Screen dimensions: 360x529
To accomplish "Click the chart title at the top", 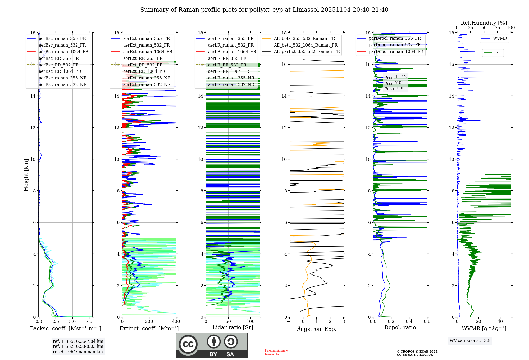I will tap(264, 10).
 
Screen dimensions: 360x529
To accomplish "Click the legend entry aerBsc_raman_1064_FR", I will tap(63, 52).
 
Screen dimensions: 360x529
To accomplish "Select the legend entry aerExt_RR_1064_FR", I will tap(144, 71).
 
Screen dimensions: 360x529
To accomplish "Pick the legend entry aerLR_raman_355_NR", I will tap(231, 78).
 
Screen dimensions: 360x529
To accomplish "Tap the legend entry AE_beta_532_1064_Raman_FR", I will tap(305, 45).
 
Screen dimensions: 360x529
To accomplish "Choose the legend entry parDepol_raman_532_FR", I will tap(395, 45).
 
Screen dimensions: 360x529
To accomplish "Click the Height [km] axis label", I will tap(26, 175).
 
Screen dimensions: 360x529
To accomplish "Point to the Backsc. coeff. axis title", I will tap(65, 328).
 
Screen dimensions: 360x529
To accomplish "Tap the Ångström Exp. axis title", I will tap(317, 329).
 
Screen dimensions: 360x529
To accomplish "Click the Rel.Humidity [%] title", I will tap(484, 23).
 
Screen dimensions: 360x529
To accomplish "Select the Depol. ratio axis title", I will tap(400, 327).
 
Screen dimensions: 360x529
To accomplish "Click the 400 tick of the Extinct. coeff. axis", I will tap(176, 322).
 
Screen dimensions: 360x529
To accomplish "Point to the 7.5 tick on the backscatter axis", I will tap(89, 322).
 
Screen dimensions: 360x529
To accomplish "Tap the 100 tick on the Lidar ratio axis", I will tap(250, 322).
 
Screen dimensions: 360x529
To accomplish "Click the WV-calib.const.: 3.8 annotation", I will tap(470, 341).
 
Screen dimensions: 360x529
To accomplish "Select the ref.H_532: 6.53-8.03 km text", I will tap(78, 346).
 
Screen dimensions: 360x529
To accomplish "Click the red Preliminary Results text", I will tap(276, 352).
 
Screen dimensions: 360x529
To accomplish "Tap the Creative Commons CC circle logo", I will tap(188, 344).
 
